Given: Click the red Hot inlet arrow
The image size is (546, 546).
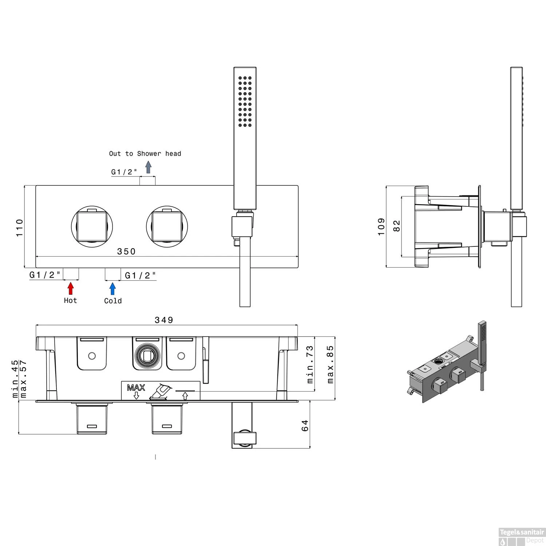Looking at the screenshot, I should (71, 288).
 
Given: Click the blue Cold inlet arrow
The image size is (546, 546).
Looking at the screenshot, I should (112, 288).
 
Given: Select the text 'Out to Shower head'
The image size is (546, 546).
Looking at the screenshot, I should (145, 154).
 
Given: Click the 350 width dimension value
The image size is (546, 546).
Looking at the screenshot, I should (126, 252).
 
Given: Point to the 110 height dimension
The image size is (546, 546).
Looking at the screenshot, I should (20, 227).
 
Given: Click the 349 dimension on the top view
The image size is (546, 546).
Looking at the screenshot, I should (164, 320).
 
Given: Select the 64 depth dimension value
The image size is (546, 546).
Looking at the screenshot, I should (305, 425).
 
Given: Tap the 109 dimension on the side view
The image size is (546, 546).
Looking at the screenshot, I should (381, 226).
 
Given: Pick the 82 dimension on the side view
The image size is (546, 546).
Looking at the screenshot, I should (397, 226).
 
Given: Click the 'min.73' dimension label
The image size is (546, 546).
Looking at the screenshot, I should (310, 364).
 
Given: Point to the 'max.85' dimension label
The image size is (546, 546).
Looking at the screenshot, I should (330, 364).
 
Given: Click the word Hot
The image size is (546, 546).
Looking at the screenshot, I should (70, 301).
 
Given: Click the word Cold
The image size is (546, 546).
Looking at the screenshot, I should (113, 301).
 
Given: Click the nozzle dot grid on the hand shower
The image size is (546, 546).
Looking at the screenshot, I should (245, 102).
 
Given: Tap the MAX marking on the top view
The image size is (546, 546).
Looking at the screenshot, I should (136, 388).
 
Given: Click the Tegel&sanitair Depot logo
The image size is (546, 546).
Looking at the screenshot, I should (522, 536).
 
